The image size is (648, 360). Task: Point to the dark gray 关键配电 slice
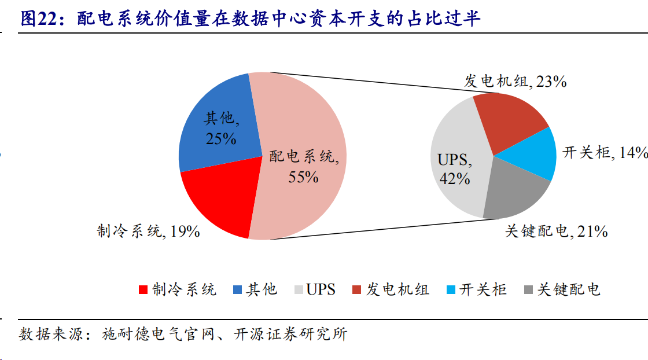pyautogui.click(x=515, y=191)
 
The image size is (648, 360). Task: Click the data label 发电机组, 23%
pyautogui.click(x=515, y=81)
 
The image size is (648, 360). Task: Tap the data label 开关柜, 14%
pyautogui.click(x=605, y=153)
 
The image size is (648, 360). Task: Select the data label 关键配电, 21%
pyautogui.click(x=556, y=232)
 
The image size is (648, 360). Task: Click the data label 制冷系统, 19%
pyautogui.click(x=148, y=232)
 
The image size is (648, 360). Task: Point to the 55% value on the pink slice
pyautogui.click(x=303, y=177)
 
